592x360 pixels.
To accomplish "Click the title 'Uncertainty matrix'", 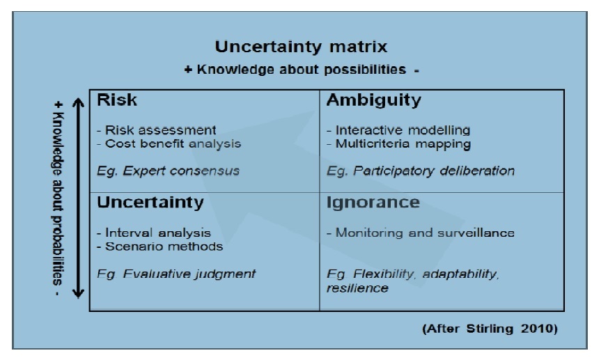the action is (301, 47).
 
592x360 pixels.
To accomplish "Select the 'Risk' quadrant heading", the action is (117, 100).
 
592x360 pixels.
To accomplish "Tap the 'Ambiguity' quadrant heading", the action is (374, 101).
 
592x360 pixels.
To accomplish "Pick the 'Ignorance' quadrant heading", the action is (373, 203).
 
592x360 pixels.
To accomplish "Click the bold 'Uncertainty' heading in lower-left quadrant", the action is (150, 203).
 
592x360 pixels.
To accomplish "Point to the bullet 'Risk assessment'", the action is (160, 130).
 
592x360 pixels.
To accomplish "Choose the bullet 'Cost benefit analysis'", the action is (173, 143).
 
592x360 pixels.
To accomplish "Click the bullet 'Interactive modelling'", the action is (403, 130).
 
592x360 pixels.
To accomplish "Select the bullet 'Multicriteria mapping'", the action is (403, 144).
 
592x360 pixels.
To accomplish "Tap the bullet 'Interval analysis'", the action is (158, 233).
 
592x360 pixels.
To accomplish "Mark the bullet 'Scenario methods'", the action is (164, 246).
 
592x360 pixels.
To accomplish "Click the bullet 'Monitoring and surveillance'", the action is (425, 233).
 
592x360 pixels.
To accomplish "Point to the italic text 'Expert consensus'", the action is (181, 171).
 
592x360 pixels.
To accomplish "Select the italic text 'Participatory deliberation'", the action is (434, 171).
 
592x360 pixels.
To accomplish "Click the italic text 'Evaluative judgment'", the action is (189, 274).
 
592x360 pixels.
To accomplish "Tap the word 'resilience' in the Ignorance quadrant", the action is (357, 288).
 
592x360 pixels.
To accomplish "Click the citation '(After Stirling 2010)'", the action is (490, 329).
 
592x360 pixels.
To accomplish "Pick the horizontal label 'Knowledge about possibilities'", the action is (302, 70).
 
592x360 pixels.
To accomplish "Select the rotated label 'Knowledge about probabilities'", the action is (57, 198).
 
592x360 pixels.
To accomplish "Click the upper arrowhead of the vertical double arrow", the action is (78, 102).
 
